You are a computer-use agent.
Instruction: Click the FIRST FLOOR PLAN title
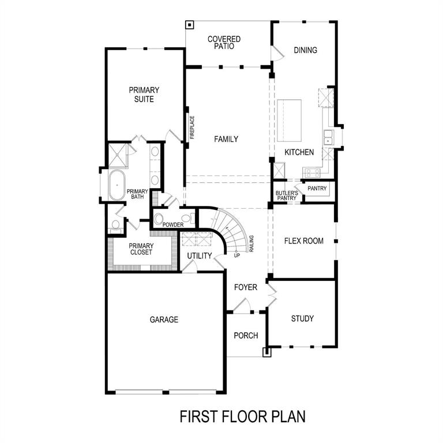pyautogui.click(x=242, y=416)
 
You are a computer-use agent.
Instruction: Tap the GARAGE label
pyautogui.click(x=164, y=320)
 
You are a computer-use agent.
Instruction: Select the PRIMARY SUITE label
pyautogui.click(x=144, y=95)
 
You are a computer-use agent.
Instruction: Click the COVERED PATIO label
pyautogui.click(x=224, y=43)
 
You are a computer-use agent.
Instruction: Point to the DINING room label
pyautogui.click(x=305, y=50)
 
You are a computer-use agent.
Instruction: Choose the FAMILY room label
pyautogui.click(x=226, y=139)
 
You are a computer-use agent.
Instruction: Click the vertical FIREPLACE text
pyautogui.click(x=193, y=127)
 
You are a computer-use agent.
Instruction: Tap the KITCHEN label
pyautogui.click(x=299, y=152)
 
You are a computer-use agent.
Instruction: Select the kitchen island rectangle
pyautogui.click(x=290, y=121)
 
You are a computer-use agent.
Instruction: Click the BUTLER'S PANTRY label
pyautogui.click(x=286, y=196)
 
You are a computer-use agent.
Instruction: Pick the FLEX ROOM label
pyautogui.click(x=304, y=241)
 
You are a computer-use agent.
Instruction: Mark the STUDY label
pyautogui.click(x=302, y=318)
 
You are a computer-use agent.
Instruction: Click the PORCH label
pyautogui.click(x=246, y=336)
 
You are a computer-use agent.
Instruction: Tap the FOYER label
pyautogui.click(x=245, y=287)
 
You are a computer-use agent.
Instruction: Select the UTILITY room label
pyautogui.click(x=200, y=256)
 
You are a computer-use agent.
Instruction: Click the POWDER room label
pyautogui.click(x=172, y=225)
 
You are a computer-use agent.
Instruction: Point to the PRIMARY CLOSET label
pyautogui.click(x=141, y=249)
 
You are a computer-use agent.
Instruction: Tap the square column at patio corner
pyautogui.click(x=189, y=25)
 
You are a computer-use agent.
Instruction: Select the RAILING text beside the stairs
pyautogui.click(x=251, y=245)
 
